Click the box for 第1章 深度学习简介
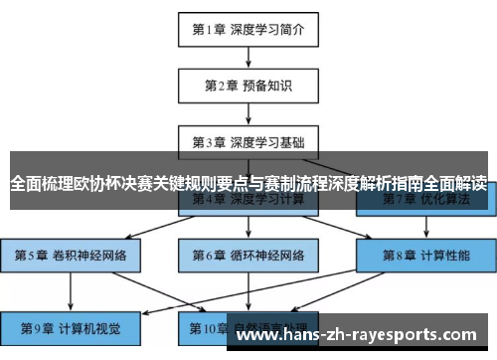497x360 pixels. [x=248, y=29]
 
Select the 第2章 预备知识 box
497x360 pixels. [x=248, y=87]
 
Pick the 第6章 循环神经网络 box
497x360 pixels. [x=248, y=256]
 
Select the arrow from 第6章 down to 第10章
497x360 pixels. [x=248, y=290]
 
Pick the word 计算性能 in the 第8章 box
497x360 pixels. [x=443, y=256]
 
